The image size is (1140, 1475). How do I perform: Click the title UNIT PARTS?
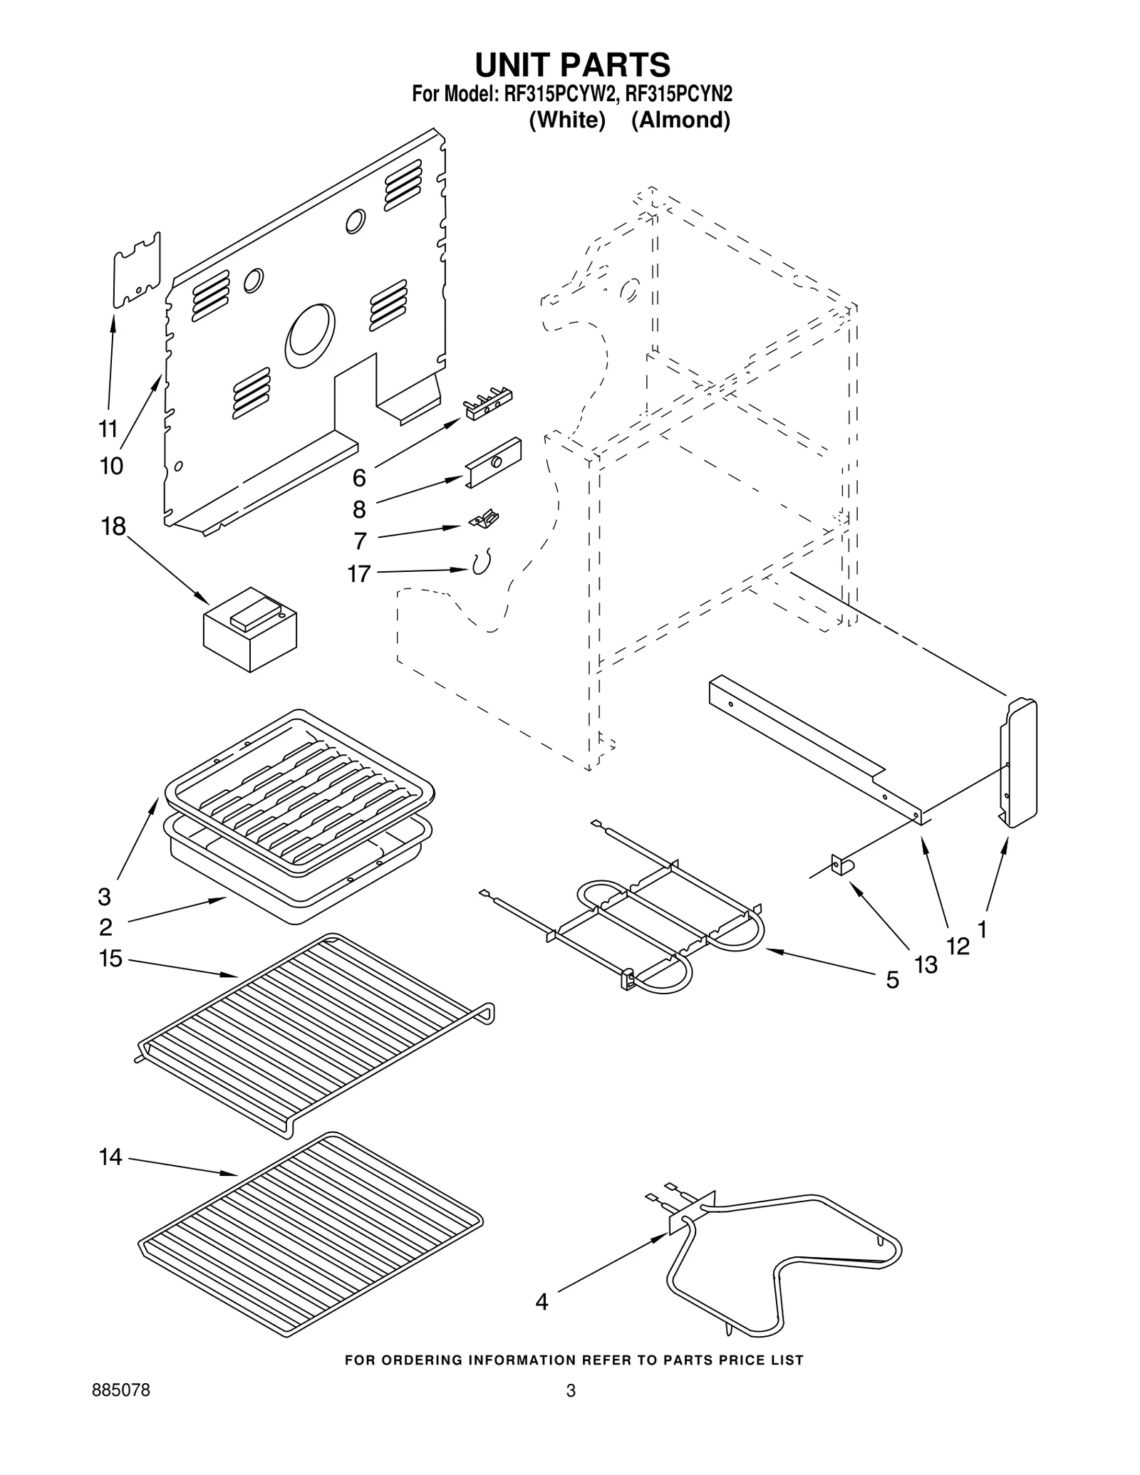572,65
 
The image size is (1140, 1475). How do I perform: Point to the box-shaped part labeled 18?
250,628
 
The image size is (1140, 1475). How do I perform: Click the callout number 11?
108,429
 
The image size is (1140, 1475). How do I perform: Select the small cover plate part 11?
137,270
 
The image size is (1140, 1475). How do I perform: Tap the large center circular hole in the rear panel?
309,337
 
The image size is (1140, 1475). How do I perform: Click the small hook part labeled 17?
482,563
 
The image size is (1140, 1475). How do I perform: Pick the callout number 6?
359,478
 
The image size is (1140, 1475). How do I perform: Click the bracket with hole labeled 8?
494,462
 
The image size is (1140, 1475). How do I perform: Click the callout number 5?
892,981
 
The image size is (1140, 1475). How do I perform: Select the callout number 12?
958,947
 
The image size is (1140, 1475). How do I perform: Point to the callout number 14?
110,1157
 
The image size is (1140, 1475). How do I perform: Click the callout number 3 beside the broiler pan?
105,895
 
